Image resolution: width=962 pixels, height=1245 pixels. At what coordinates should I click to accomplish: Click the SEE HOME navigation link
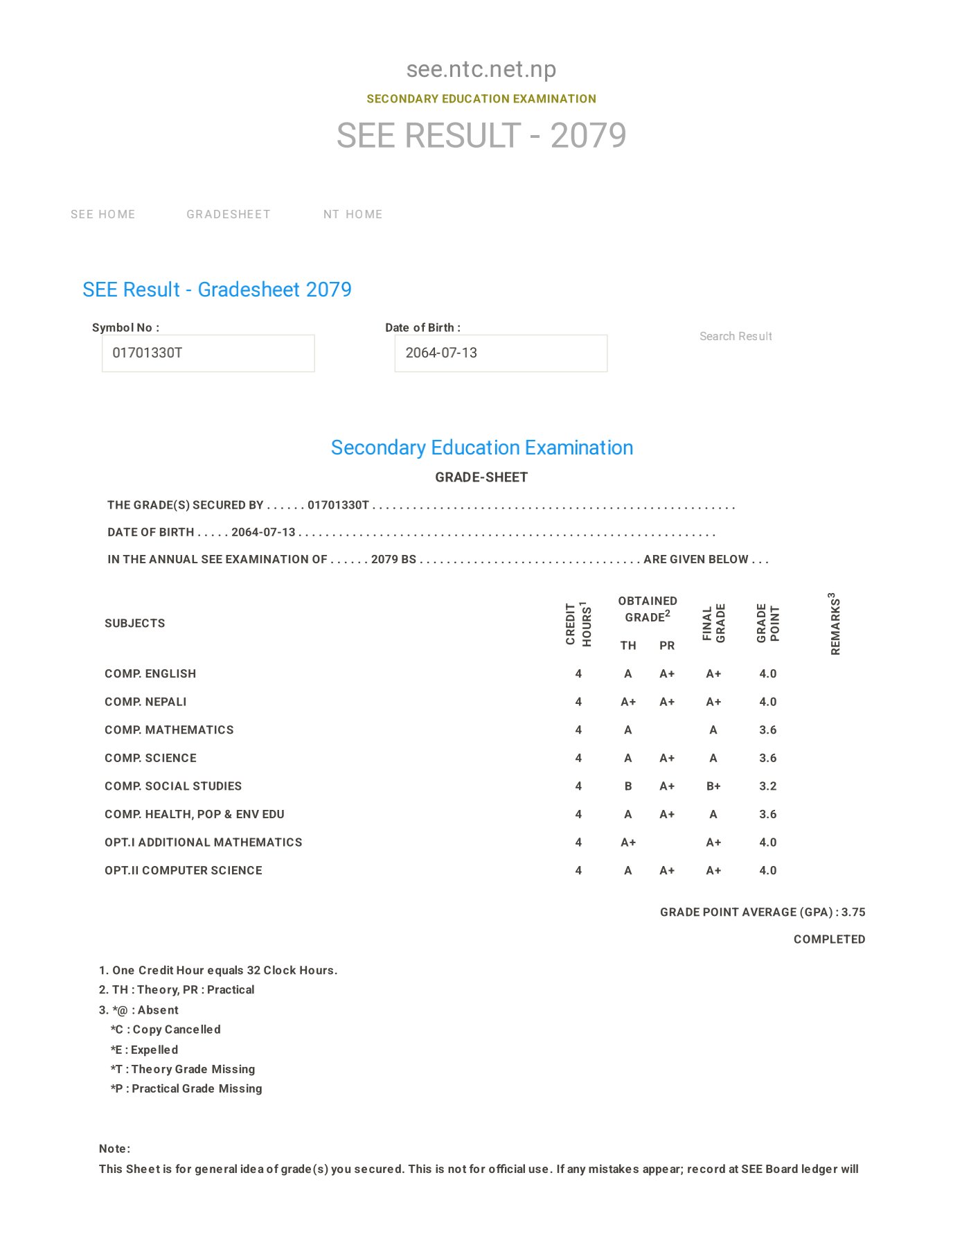(x=103, y=215)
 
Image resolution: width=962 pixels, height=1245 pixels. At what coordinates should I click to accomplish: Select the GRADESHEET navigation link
(x=228, y=215)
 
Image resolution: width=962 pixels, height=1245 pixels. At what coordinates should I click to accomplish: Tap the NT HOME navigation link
(x=353, y=215)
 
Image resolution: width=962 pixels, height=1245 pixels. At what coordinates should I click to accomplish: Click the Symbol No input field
(x=208, y=353)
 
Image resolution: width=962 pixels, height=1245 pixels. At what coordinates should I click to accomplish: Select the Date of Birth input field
(x=500, y=353)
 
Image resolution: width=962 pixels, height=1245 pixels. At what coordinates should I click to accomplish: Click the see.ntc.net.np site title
(x=481, y=69)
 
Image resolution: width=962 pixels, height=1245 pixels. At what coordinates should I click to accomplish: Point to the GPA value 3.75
(x=853, y=912)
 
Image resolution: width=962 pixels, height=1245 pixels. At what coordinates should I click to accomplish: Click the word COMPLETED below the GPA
(x=829, y=939)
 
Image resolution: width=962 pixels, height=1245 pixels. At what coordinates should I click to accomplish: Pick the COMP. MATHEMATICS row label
(x=169, y=730)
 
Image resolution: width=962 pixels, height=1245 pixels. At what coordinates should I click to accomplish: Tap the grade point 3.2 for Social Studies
(x=767, y=786)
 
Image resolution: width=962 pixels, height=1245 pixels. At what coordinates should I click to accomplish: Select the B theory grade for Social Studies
(x=627, y=786)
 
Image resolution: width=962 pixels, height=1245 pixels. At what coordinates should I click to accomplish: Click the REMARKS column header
(x=835, y=624)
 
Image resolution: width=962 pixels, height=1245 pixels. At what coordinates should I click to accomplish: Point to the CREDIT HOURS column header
(x=578, y=624)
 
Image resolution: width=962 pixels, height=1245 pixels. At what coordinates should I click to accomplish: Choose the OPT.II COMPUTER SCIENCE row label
(x=183, y=871)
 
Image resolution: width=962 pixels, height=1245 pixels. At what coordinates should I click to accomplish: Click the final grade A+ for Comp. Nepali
(x=713, y=702)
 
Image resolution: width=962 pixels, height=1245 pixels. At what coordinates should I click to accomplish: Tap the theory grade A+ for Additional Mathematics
(x=627, y=842)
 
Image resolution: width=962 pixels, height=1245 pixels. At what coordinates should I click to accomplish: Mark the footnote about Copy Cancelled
(x=166, y=1030)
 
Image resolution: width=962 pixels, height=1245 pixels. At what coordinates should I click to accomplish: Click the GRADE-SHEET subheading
(x=481, y=477)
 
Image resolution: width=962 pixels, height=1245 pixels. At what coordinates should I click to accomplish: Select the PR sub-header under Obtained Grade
(x=666, y=646)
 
